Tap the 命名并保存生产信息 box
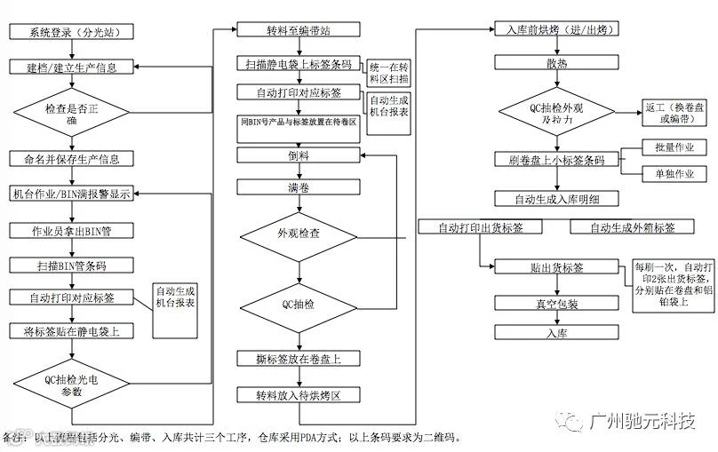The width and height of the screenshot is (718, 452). point(71,160)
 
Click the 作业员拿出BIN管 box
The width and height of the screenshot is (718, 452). point(71,231)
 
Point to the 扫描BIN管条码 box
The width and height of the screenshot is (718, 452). point(71,265)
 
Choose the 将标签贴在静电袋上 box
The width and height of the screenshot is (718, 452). point(71,330)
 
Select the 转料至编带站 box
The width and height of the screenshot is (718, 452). point(299,31)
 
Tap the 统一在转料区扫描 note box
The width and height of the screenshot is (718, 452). point(390,73)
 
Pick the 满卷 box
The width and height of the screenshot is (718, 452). point(299,188)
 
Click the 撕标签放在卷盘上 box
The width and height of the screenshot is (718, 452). point(299,359)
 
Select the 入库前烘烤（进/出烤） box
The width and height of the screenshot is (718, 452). point(555,30)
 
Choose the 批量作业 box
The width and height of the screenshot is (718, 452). point(673,147)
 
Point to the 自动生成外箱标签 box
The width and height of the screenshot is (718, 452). point(630,227)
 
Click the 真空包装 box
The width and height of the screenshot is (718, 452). point(555,304)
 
